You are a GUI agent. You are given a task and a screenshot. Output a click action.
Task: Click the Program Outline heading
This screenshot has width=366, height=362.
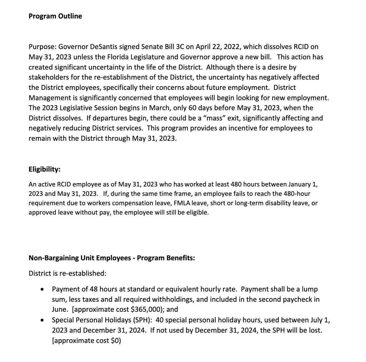(x=55, y=16)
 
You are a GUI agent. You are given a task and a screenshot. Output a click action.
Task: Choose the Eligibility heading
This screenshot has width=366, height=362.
(x=44, y=170)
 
